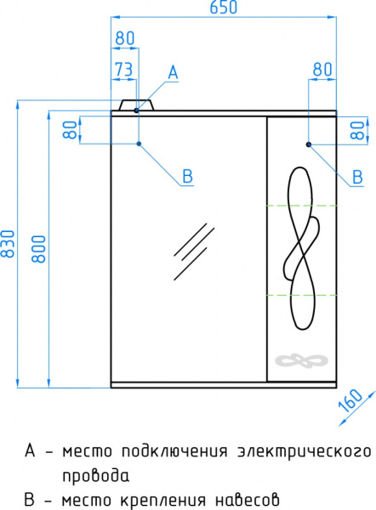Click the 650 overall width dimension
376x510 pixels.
click(x=225, y=8)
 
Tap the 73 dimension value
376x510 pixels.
click(x=124, y=69)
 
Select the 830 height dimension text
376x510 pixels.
click(x=9, y=243)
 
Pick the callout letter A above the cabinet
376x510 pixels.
click(x=173, y=73)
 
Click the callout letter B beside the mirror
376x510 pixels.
click(x=188, y=176)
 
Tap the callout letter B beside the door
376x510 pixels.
click(x=358, y=176)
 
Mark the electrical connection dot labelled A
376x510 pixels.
click(x=136, y=110)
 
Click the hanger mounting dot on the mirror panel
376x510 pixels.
click(x=140, y=144)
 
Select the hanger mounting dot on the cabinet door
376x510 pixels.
click(x=308, y=144)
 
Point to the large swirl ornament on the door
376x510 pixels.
click(x=303, y=247)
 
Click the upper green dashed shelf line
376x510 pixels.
click(x=302, y=206)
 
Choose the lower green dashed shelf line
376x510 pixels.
click(x=302, y=294)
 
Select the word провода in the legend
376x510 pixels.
click(x=95, y=474)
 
